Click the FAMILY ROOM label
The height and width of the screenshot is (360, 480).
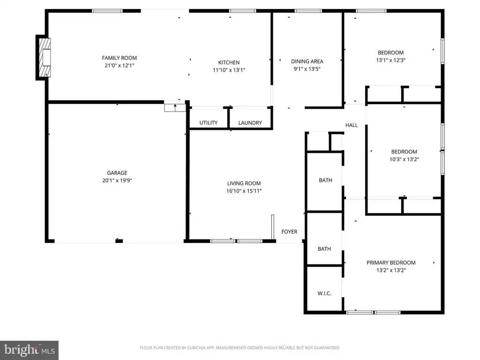pyautogui.click(x=120, y=58)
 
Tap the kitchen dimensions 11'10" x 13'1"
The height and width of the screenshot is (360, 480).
pyautogui.click(x=229, y=70)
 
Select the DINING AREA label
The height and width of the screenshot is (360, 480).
pyautogui.click(x=307, y=61)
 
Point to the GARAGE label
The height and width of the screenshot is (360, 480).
pyautogui.click(x=117, y=172)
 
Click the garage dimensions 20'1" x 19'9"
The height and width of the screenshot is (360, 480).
pyautogui.click(x=117, y=180)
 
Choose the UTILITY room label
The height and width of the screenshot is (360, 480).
pyautogui.click(x=209, y=123)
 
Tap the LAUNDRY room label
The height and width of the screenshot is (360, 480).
pyautogui.click(x=250, y=123)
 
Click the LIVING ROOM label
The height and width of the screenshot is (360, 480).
pyautogui.click(x=244, y=183)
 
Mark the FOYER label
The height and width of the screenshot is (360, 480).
pyautogui.click(x=289, y=232)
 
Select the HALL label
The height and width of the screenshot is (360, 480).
pyautogui.click(x=352, y=125)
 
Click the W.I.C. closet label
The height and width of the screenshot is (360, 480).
pyautogui.click(x=324, y=293)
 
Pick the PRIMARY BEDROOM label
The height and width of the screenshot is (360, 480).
pyautogui.click(x=391, y=262)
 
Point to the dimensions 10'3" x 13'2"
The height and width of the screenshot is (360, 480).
pyautogui.click(x=404, y=159)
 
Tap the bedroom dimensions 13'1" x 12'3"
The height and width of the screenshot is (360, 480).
pyautogui.click(x=390, y=60)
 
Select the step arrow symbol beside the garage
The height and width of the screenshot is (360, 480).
pyautogui.click(x=175, y=108)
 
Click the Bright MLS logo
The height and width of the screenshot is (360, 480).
pyautogui.click(x=29, y=350)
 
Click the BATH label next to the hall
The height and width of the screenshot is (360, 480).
pyautogui.click(x=325, y=180)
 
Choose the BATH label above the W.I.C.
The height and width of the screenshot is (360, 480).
pyautogui.click(x=324, y=249)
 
